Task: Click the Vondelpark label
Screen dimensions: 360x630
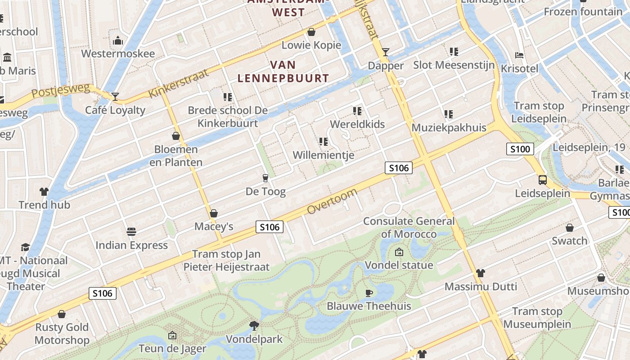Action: pos(254,339)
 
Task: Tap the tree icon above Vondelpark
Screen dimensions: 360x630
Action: pos(254,325)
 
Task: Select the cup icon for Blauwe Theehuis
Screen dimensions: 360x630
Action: pos(369,293)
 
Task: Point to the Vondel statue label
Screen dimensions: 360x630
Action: pos(399,265)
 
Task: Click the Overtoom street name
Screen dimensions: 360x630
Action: pos(333,202)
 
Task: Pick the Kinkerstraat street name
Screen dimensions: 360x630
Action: pos(179,84)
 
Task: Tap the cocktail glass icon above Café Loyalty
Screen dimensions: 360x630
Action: pos(115,96)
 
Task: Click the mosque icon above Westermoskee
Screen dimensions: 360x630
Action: pos(118,41)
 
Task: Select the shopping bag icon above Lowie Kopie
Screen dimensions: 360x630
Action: pos(311,32)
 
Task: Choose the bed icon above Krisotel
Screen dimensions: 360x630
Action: pos(519,56)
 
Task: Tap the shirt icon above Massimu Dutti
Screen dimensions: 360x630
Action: pos(481,273)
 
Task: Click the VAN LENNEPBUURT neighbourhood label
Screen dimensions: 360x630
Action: pos(283,72)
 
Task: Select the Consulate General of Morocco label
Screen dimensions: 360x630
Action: pos(409,227)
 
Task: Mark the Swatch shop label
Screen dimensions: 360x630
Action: pos(570,241)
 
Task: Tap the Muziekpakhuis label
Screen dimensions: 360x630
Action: pos(449,128)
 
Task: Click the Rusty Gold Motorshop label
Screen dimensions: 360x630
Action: pos(62,333)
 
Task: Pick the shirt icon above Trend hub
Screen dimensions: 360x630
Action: pos(44,192)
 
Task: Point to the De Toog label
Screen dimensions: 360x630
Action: pos(265,192)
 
